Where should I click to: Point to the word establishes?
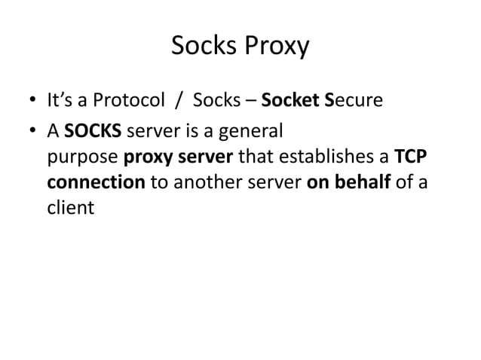pos(330,157)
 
